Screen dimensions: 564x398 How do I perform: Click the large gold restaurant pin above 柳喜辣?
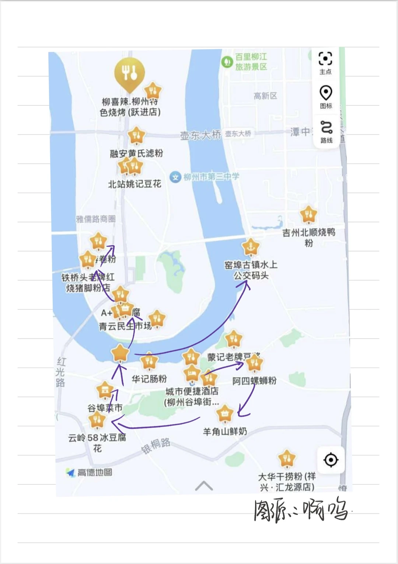click(129, 73)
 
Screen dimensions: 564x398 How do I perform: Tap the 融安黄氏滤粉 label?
click(136, 153)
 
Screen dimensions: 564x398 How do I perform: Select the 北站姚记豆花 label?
click(135, 184)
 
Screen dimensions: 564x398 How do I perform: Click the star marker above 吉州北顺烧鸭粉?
click(308, 214)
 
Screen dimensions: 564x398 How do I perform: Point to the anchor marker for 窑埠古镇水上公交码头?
click(251, 247)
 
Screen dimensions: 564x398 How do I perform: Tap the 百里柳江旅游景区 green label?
click(251, 62)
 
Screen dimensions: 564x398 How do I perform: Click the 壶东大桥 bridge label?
click(200, 135)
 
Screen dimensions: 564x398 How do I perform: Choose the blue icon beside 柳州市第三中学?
click(175, 177)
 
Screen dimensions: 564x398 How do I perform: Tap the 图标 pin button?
click(326, 93)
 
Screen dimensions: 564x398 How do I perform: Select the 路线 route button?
click(326, 128)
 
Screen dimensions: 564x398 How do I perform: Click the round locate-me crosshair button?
click(331, 460)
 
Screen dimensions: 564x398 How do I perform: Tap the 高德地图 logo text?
click(94, 473)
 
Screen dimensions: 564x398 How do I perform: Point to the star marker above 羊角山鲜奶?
click(225, 414)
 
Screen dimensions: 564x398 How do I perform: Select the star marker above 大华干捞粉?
click(287, 459)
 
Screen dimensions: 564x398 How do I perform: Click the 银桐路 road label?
click(156, 446)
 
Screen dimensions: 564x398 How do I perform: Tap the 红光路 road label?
click(61, 372)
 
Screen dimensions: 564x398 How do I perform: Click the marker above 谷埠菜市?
click(105, 390)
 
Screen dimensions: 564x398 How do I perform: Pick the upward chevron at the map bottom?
click(204, 486)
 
